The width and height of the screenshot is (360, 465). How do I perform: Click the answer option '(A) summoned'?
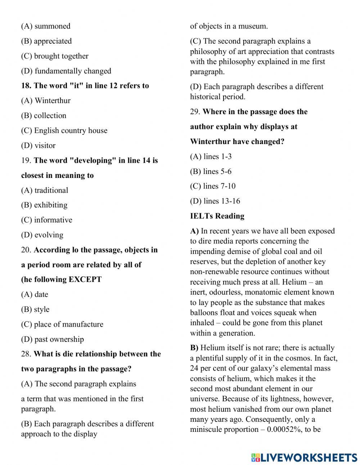(x=46, y=26)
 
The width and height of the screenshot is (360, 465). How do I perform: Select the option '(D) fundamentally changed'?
(x=66, y=71)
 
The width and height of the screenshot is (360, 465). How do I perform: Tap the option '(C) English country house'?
(x=64, y=130)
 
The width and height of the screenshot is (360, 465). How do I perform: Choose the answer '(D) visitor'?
(x=38, y=146)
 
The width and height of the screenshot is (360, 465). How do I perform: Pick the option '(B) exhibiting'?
(x=44, y=205)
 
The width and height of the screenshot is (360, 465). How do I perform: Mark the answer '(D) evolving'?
(x=42, y=235)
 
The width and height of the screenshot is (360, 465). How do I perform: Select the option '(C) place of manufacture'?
(x=62, y=324)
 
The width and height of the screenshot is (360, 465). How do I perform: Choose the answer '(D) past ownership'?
(x=52, y=339)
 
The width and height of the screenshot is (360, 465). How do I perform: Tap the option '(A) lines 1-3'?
(x=211, y=156)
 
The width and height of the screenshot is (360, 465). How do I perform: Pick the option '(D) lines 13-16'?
(x=215, y=201)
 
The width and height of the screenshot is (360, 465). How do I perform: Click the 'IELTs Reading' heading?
(x=217, y=216)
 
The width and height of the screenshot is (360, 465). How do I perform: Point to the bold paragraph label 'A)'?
(x=194, y=231)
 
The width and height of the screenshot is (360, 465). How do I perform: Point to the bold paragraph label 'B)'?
(x=194, y=348)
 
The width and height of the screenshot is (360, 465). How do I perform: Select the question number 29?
(x=195, y=112)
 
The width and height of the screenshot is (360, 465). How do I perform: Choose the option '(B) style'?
(x=35, y=309)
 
